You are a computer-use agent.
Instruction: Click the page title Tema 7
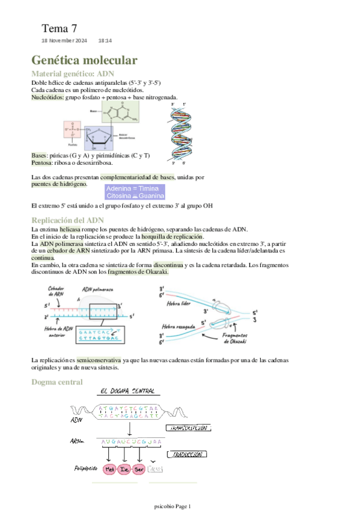click(59, 28)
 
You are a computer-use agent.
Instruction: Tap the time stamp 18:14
click(105, 40)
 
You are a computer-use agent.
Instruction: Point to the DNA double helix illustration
click(180, 134)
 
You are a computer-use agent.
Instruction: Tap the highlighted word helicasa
click(70, 229)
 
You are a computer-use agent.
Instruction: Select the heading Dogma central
click(56, 382)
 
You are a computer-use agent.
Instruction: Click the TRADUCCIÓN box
click(188, 455)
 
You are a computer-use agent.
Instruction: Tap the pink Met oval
click(110, 469)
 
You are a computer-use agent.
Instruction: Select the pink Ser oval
click(139, 469)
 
